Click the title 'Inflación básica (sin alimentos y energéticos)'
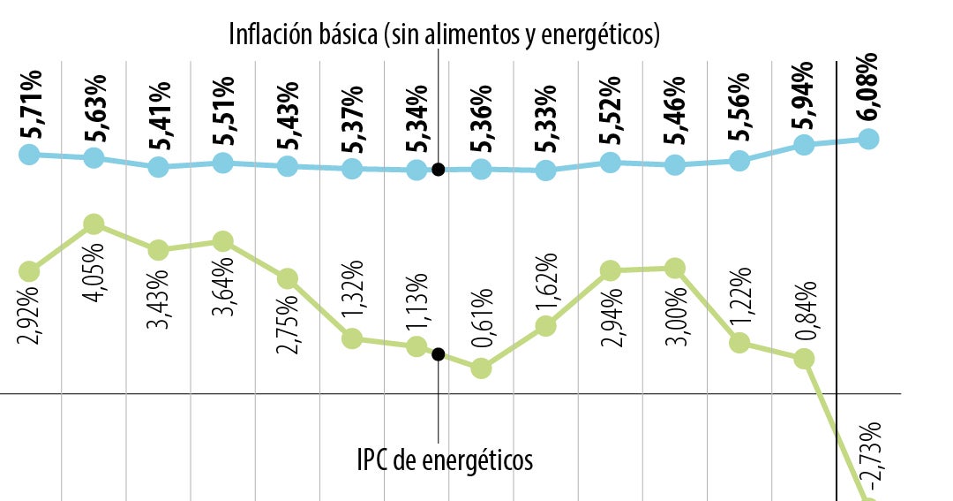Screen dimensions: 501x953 pyautogui.click(x=445, y=34)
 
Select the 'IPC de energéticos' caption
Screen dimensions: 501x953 pyautogui.click(x=445, y=459)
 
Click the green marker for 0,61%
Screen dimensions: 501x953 pyautogui.click(x=481, y=368)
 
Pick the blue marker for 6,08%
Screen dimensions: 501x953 pyautogui.click(x=868, y=139)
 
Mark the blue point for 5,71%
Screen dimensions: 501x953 pyautogui.click(x=29, y=154)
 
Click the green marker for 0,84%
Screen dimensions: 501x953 pyautogui.click(x=803, y=358)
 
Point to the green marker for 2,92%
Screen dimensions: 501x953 pyautogui.click(x=29, y=270)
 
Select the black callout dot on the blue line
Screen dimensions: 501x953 pyautogui.click(x=439, y=169)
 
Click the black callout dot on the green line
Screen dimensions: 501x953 pyautogui.click(x=439, y=354)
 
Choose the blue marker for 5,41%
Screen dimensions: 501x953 pyautogui.click(x=159, y=167)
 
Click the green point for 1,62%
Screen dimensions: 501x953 pyautogui.click(x=545, y=326)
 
